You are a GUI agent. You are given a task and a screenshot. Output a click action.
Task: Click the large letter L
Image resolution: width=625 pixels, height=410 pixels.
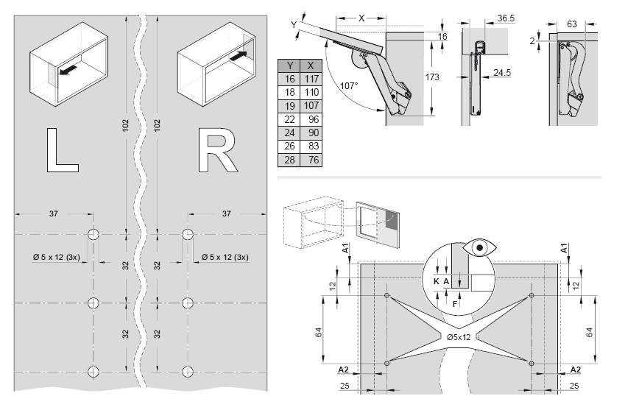click(60, 150)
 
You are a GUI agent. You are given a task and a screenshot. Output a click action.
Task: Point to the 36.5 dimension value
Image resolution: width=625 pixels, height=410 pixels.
click(505, 17)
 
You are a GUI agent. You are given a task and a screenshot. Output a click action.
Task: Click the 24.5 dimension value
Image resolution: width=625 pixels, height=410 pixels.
click(503, 73)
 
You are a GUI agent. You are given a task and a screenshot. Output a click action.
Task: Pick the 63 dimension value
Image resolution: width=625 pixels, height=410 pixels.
click(572, 24)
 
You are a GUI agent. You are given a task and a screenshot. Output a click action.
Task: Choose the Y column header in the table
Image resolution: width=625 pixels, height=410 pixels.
click(289, 65)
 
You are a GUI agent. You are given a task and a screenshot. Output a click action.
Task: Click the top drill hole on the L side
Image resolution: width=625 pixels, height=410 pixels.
click(93, 235)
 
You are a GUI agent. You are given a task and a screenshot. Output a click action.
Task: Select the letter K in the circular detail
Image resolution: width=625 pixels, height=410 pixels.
click(437, 280)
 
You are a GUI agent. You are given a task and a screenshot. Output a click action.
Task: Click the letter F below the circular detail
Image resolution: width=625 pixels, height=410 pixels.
click(455, 303)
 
